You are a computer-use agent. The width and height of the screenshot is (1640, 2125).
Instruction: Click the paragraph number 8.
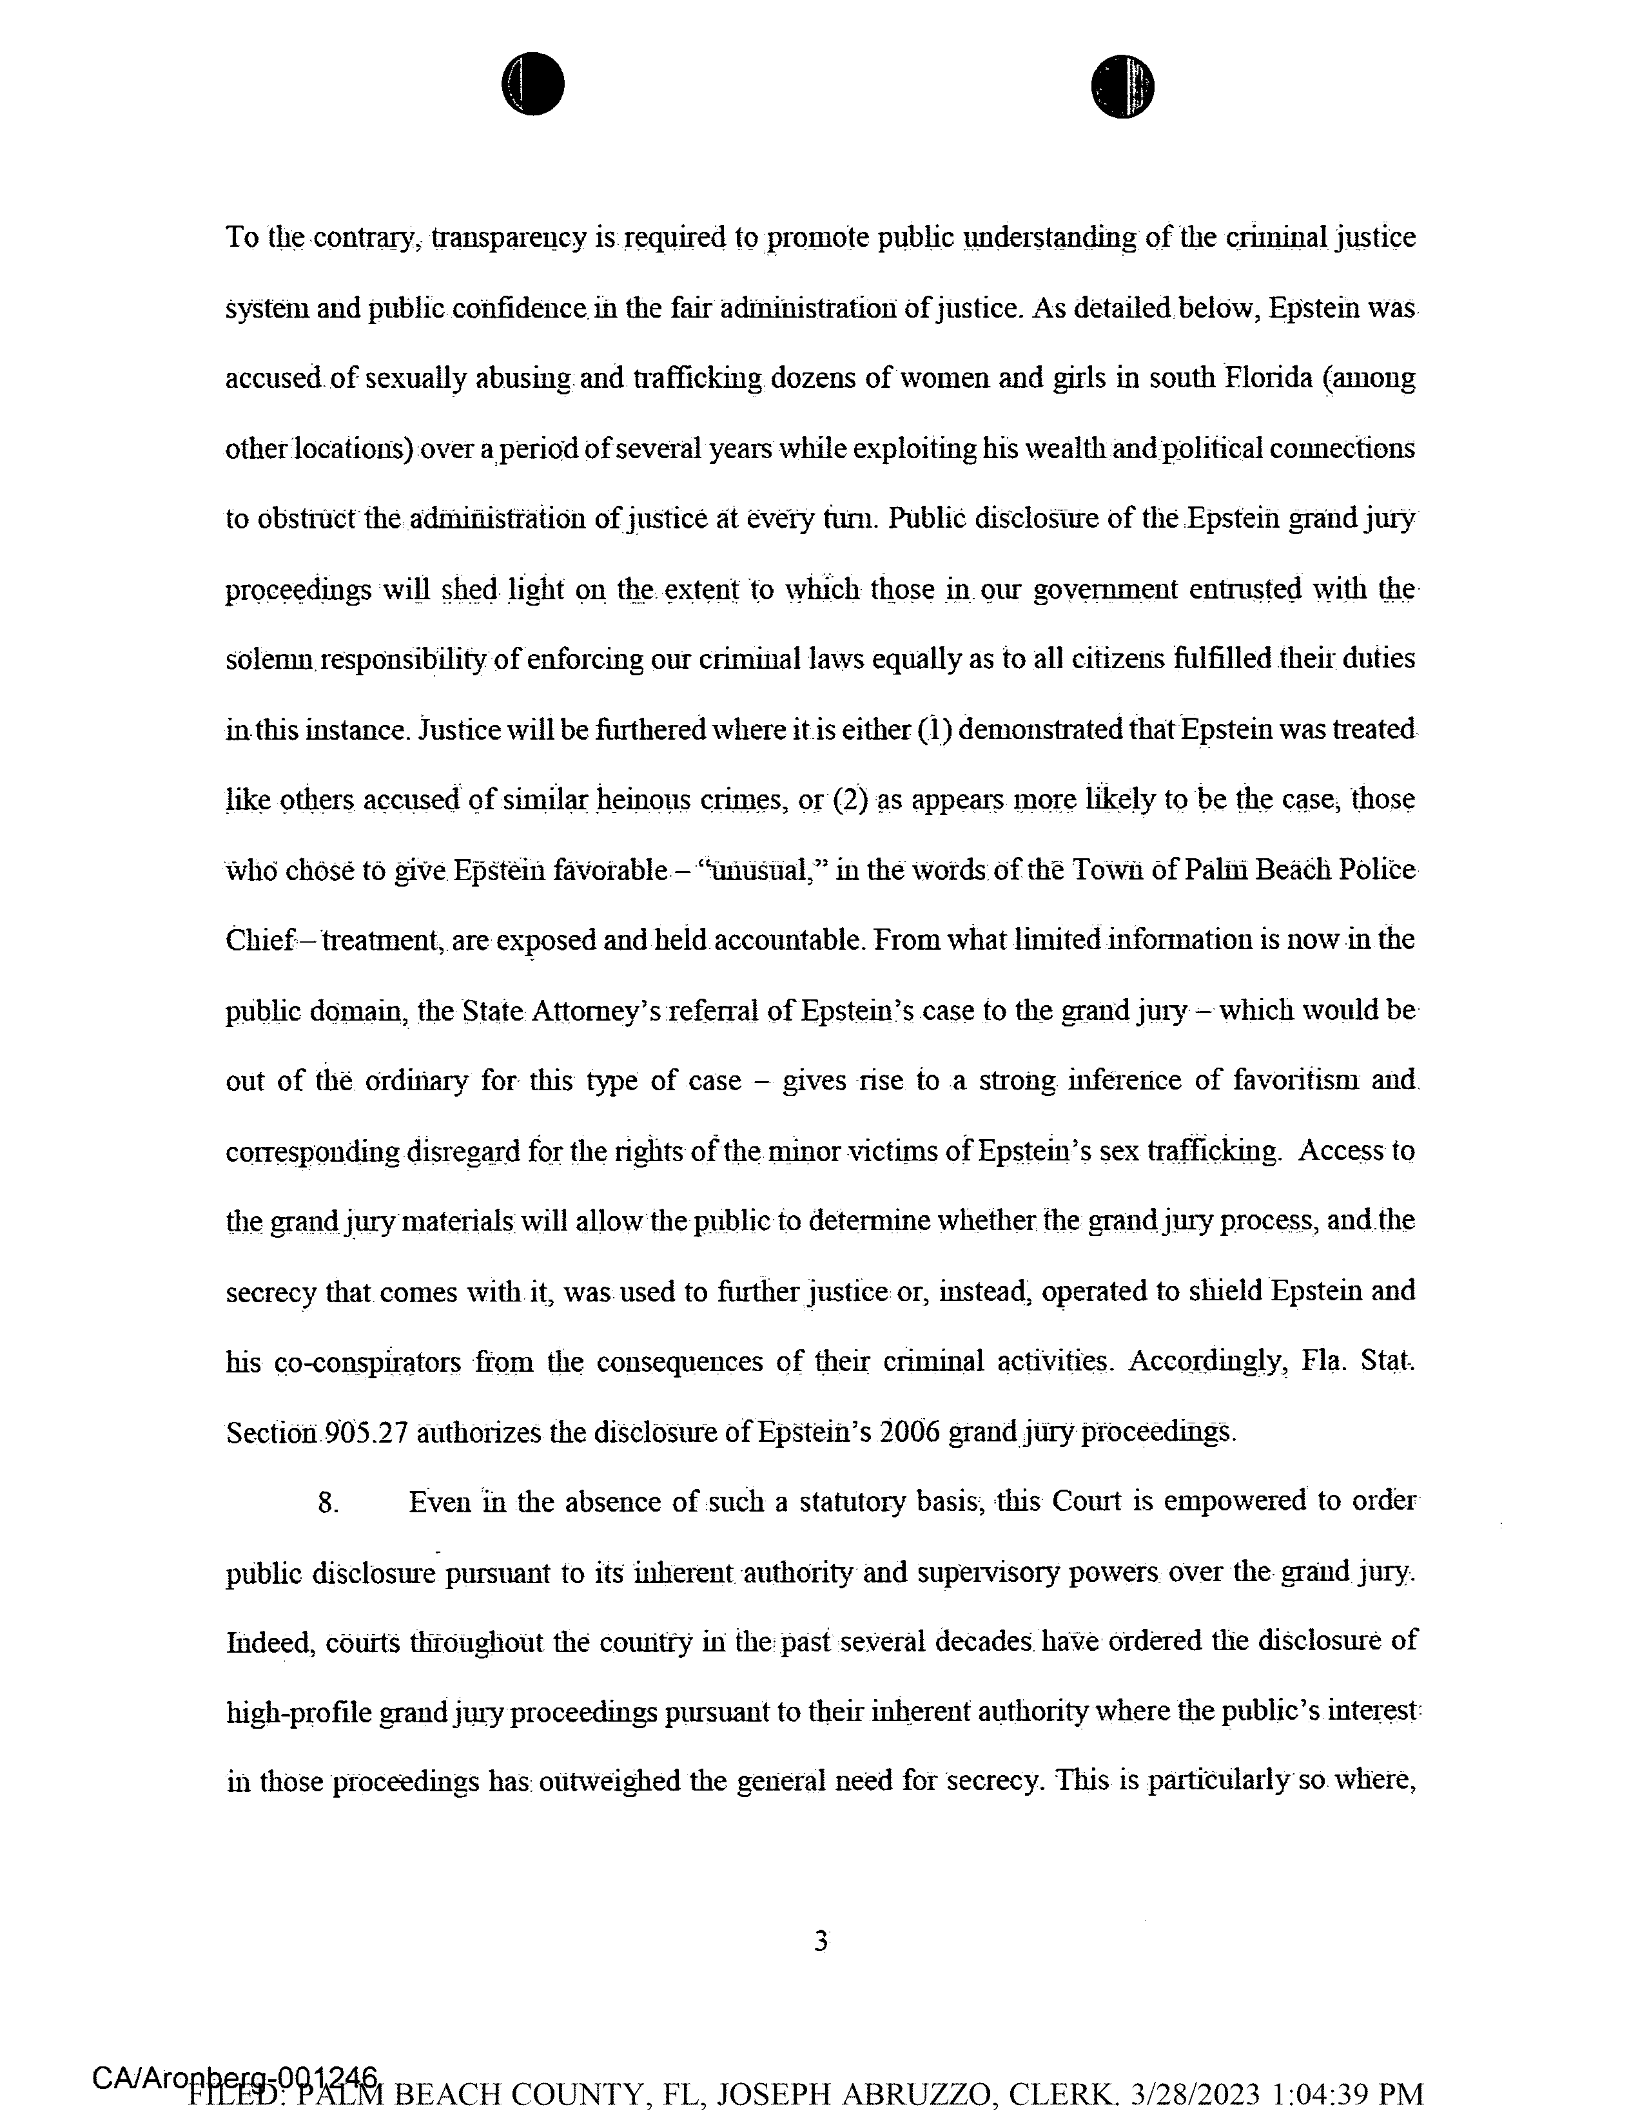click(328, 1503)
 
